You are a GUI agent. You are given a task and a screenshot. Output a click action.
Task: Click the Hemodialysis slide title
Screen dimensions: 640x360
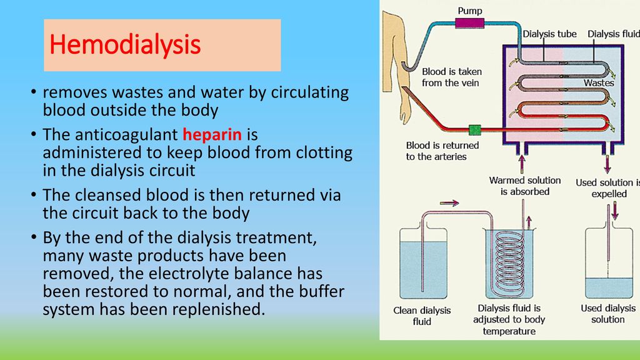[125, 44]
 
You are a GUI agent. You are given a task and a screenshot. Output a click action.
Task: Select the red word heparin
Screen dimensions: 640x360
[212, 134]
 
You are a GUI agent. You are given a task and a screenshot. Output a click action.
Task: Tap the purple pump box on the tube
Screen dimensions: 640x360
[469, 23]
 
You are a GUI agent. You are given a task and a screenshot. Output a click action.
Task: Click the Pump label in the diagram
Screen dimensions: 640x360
[470, 11]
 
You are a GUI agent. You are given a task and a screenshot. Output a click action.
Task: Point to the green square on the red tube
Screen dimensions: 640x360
[475, 130]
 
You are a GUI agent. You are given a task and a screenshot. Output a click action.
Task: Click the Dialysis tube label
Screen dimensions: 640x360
[549, 34]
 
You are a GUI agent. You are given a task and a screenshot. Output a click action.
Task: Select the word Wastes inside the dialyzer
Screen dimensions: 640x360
[599, 83]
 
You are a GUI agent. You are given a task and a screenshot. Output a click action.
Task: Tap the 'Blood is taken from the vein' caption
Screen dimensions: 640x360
[451, 77]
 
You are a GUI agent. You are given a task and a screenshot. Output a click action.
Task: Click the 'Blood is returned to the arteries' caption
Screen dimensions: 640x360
[442, 151]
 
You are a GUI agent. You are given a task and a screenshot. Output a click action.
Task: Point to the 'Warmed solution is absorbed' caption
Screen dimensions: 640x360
[525, 186]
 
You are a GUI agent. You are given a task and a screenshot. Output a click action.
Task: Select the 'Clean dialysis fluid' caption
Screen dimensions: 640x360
[422, 316]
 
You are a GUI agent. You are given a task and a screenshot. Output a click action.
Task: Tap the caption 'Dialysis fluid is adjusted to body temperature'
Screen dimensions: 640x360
[509, 319]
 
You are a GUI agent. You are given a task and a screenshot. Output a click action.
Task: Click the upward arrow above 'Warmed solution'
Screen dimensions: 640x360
[522, 164]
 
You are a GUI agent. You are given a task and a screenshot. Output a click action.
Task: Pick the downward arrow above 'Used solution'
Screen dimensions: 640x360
[607, 165]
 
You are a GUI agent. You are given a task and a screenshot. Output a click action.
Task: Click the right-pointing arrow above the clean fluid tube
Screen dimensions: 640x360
[449, 203]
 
